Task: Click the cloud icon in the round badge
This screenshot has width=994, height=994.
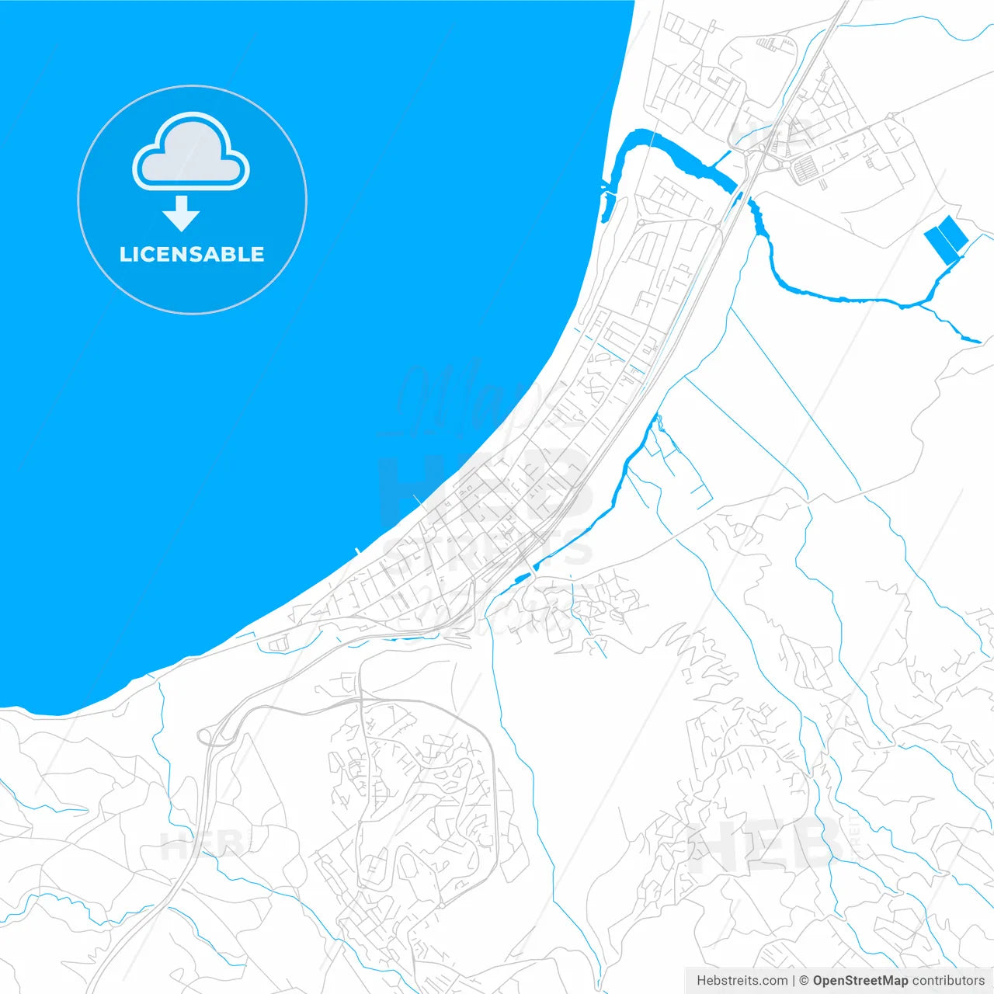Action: coord(191,153)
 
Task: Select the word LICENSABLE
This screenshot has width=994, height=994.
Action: coord(192,254)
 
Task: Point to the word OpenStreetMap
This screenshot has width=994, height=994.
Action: coord(860,981)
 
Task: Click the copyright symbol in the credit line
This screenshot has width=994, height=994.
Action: coord(804,981)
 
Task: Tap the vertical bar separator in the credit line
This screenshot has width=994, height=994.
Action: coord(793,981)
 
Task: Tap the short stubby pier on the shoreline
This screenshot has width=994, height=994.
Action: coord(356,552)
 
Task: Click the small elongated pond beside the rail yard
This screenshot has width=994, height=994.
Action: coord(522,576)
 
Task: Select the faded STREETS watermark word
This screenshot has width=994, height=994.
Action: coord(487,551)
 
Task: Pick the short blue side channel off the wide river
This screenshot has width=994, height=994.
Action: coord(721,159)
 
